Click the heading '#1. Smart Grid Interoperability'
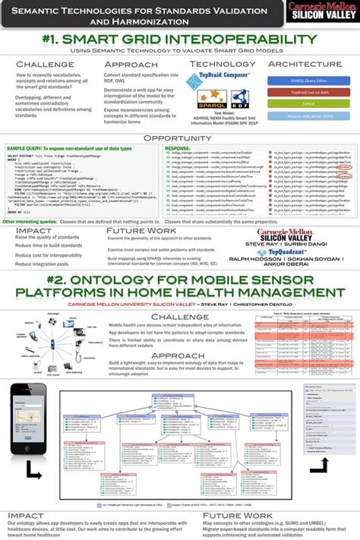(x=180, y=39)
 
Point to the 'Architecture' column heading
(x=305, y=65)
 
